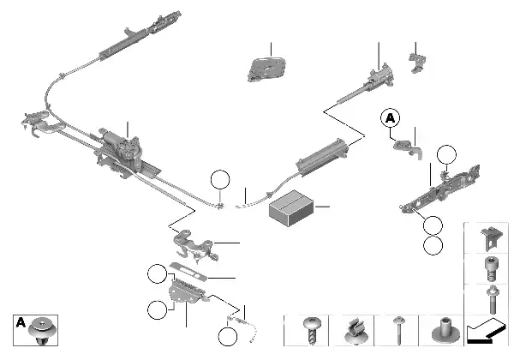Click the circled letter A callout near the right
click(391, 117)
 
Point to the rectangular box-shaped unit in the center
click(291, 207)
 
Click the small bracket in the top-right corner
click(419, 58)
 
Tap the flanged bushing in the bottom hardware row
click(445, 330)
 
